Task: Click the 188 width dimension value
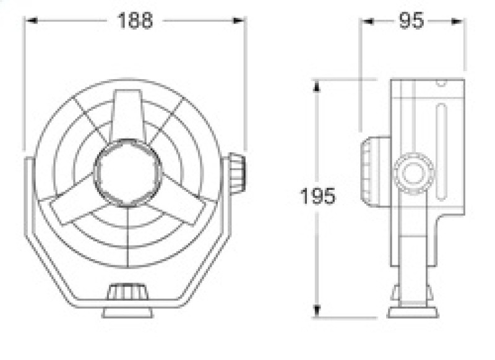click(x=134, y=20)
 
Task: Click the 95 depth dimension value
click(x=410, y=20)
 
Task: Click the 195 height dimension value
click(x=317, y=197)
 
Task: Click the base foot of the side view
click(x=413, y=309)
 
